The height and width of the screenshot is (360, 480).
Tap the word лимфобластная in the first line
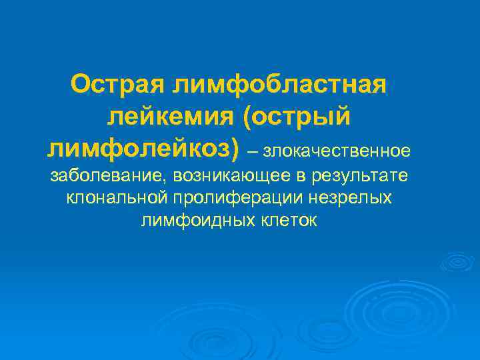279,85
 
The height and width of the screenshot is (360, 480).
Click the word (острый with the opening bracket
303,117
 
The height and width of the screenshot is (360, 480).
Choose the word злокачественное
336,151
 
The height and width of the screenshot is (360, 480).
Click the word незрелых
358,199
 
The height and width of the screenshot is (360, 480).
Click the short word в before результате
297,177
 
